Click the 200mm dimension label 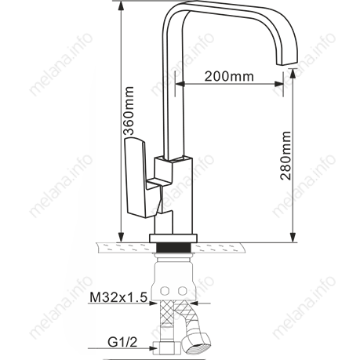(229, 76)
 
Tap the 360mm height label (129, 111)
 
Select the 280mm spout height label (285, 155)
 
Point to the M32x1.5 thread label (118, 297)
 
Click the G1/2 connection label (122, 342)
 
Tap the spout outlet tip (288, 63)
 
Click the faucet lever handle (136, 178)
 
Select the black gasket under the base (173, 247)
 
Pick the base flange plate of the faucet (173, 238)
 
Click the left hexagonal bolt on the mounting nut (165, 290)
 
